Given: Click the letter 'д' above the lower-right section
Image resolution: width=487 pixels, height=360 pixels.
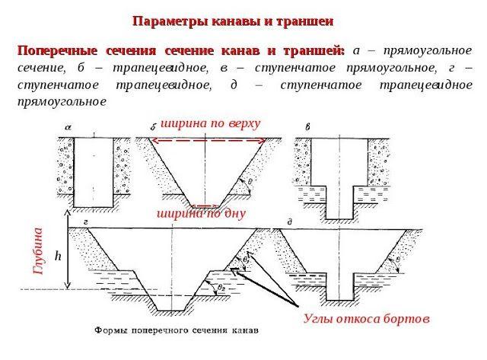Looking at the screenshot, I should pos(290,221).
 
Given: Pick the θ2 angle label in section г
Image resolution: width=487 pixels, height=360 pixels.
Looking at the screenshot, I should pos(221,287).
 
